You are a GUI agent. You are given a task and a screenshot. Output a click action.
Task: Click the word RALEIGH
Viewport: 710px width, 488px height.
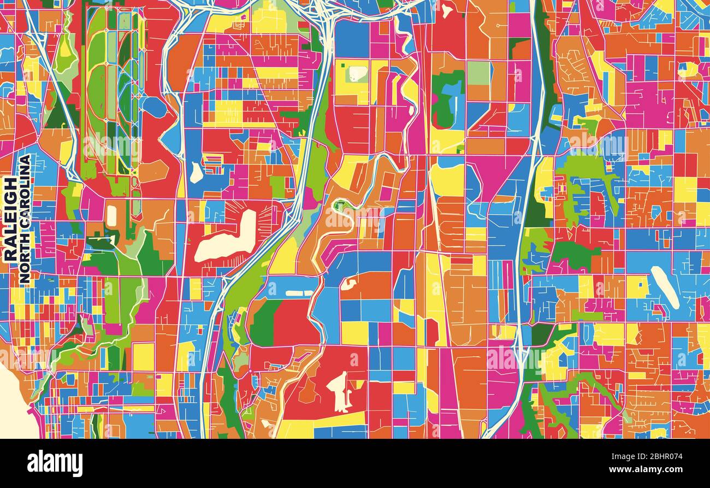(x=10, y=219)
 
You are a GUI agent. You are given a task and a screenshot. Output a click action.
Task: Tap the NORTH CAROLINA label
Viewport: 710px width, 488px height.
(x=25, y=219)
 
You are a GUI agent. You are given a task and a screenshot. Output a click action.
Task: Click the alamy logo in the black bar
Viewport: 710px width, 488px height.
(x=55, y=463)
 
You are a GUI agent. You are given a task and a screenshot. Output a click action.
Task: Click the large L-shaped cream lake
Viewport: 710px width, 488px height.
(x=227, y=238)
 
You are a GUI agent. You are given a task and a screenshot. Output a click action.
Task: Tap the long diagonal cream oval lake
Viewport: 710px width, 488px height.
(x=665, y=286)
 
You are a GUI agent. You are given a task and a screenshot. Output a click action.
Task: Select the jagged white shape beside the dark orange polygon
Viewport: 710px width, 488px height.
(x=339, y=390)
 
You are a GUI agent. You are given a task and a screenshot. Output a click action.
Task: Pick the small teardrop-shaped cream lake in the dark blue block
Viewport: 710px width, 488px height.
(x=196, y=173)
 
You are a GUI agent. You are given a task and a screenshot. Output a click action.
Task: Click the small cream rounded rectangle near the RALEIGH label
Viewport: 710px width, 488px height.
(x=111, y=216)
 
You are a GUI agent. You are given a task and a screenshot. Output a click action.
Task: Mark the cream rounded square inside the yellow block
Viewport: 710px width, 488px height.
(x=357, y=74)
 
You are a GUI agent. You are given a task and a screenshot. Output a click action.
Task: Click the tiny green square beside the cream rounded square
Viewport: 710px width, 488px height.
(x=344, y=66)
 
